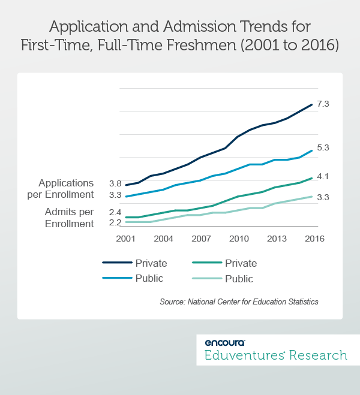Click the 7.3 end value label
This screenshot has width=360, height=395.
tap(323, 104)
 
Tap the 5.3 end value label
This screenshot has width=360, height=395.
tap(323, 147)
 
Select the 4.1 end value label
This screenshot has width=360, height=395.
tap(323, 176)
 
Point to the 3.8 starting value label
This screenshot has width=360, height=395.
tap(115, 183)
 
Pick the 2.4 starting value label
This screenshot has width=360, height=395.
tap(115, 212)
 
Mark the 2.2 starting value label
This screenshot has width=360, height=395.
tap(115, 223)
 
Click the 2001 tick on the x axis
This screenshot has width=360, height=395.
tap(126, 239)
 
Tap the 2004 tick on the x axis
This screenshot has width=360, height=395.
tap(164, 239)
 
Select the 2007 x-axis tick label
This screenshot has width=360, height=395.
tap(202, 239)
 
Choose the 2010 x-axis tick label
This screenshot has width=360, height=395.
tap(239, 239)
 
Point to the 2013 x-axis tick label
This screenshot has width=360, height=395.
tap(277, 239)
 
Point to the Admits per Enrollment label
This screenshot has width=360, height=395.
tap(69, 218)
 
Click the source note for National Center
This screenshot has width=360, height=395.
tap(239, 302)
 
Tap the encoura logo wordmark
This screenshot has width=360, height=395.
tap(225, 343)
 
